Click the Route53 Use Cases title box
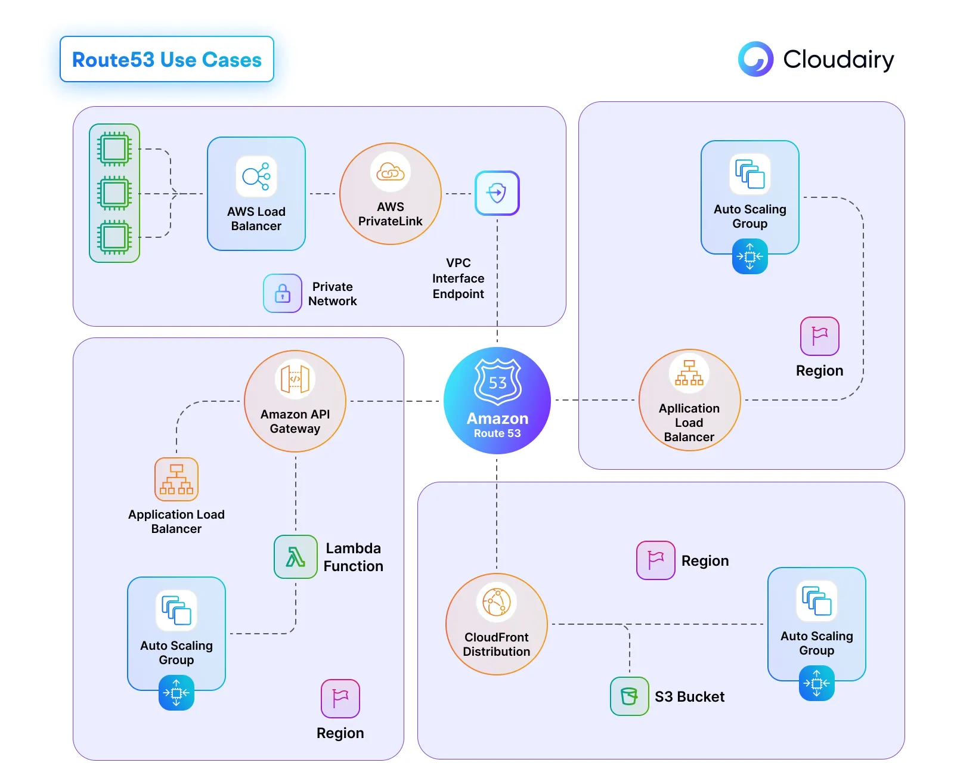click(167, 59)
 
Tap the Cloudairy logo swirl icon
click(755, 59)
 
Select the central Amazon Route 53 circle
click(497, 401)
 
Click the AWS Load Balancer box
click(256, 194)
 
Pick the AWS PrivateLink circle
click(391, 194)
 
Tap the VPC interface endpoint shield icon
click(497, 193)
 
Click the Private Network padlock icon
click(283, 293)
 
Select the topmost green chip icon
click(114, 149)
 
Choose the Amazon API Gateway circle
click(295, 401)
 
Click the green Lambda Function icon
click(296, 557)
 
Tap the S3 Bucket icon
click(629, 696)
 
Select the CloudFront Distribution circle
click(497, 624)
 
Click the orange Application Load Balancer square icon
click(176, 479)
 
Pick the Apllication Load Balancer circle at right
click(689, 400)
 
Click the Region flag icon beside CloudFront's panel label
click(656, 560)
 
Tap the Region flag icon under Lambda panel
click(340, 699)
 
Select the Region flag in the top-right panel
click(820, 336)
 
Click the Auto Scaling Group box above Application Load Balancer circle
click(750, 197)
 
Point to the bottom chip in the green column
click(114, 237)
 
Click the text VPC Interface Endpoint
click(458, 278)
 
